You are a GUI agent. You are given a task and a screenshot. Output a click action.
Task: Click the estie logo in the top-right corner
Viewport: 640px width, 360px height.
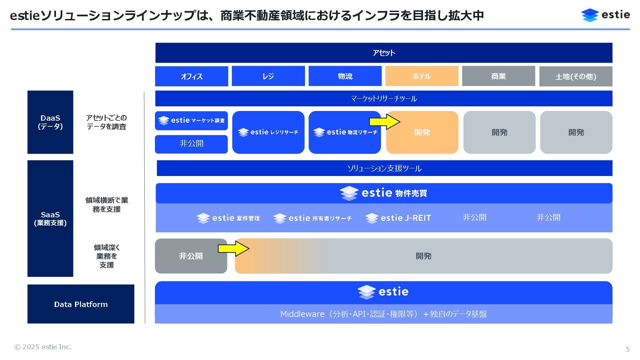[605, 15]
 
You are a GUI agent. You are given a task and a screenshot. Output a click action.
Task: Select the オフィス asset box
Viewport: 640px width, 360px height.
[191, 76]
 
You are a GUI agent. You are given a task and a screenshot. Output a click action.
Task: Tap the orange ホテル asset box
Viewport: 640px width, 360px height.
[422, 76]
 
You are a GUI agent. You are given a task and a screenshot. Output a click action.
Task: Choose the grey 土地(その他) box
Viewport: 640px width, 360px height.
[576, 76]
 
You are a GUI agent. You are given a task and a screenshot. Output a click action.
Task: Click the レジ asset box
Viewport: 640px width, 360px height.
[268, 76]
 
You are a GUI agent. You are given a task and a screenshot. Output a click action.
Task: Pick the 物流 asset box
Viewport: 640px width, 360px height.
[345, 76]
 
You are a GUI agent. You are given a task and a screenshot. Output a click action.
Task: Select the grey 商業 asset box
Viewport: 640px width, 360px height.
[498, 76]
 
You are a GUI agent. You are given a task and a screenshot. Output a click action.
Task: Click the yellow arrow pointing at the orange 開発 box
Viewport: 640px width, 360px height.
[384, 122]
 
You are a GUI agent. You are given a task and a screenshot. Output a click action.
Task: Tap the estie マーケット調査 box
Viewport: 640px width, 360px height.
[191, 120]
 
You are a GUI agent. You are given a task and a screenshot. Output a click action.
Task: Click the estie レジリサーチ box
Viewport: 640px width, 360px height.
[268, 132]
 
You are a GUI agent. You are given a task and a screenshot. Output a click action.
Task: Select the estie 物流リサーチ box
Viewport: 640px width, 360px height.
[345, 132]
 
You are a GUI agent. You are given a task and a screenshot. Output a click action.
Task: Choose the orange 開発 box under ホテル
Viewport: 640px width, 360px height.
[422, 137]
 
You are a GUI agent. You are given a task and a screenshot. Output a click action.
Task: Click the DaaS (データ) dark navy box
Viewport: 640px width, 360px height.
[50, 122]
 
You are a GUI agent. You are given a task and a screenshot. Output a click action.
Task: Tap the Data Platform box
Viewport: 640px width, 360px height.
[81, 304]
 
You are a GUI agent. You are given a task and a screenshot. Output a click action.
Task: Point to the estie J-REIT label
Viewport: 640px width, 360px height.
[398, 218]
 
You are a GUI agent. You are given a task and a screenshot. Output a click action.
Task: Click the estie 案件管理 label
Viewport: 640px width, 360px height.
[228, 218]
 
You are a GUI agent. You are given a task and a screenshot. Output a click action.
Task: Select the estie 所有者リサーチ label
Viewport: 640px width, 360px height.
[312, 218]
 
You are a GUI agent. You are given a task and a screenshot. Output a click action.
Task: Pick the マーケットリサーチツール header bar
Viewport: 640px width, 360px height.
[384, 99]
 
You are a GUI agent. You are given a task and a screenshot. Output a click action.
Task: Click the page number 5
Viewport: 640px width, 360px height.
[628, 349]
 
